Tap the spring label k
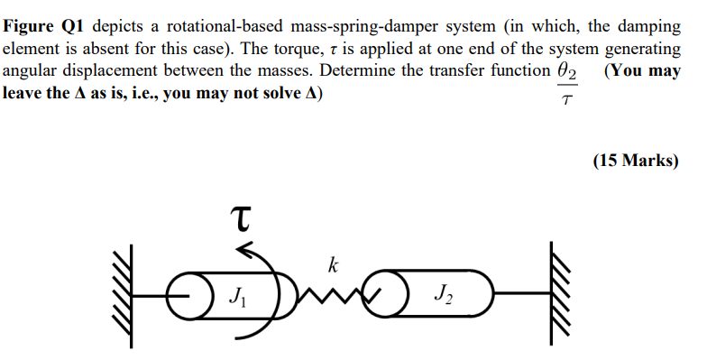pyautogui.click(x=333, y=265)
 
